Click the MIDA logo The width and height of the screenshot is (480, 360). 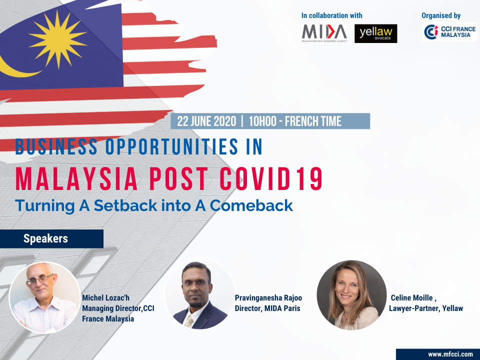324,33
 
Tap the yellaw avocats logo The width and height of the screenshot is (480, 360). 375,33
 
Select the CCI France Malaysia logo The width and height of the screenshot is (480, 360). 449,32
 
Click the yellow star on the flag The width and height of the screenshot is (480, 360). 57,39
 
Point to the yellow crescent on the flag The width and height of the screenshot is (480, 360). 15,69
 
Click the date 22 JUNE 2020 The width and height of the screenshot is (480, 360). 206,121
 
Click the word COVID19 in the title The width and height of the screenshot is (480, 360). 271,179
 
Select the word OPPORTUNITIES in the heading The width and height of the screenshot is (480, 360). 171,146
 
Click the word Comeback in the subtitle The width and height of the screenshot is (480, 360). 251,205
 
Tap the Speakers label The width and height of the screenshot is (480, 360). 45,238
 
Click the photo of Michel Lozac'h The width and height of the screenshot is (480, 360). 45,297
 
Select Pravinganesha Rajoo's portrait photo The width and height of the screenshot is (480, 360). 200,294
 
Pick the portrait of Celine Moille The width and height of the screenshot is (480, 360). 351,295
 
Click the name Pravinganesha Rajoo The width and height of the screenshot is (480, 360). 268,298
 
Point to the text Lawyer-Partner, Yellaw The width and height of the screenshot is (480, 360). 426,308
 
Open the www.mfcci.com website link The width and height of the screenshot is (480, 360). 450,354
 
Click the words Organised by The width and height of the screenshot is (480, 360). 441,15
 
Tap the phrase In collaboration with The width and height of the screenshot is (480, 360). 332,15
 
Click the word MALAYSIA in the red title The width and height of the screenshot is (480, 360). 76,179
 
